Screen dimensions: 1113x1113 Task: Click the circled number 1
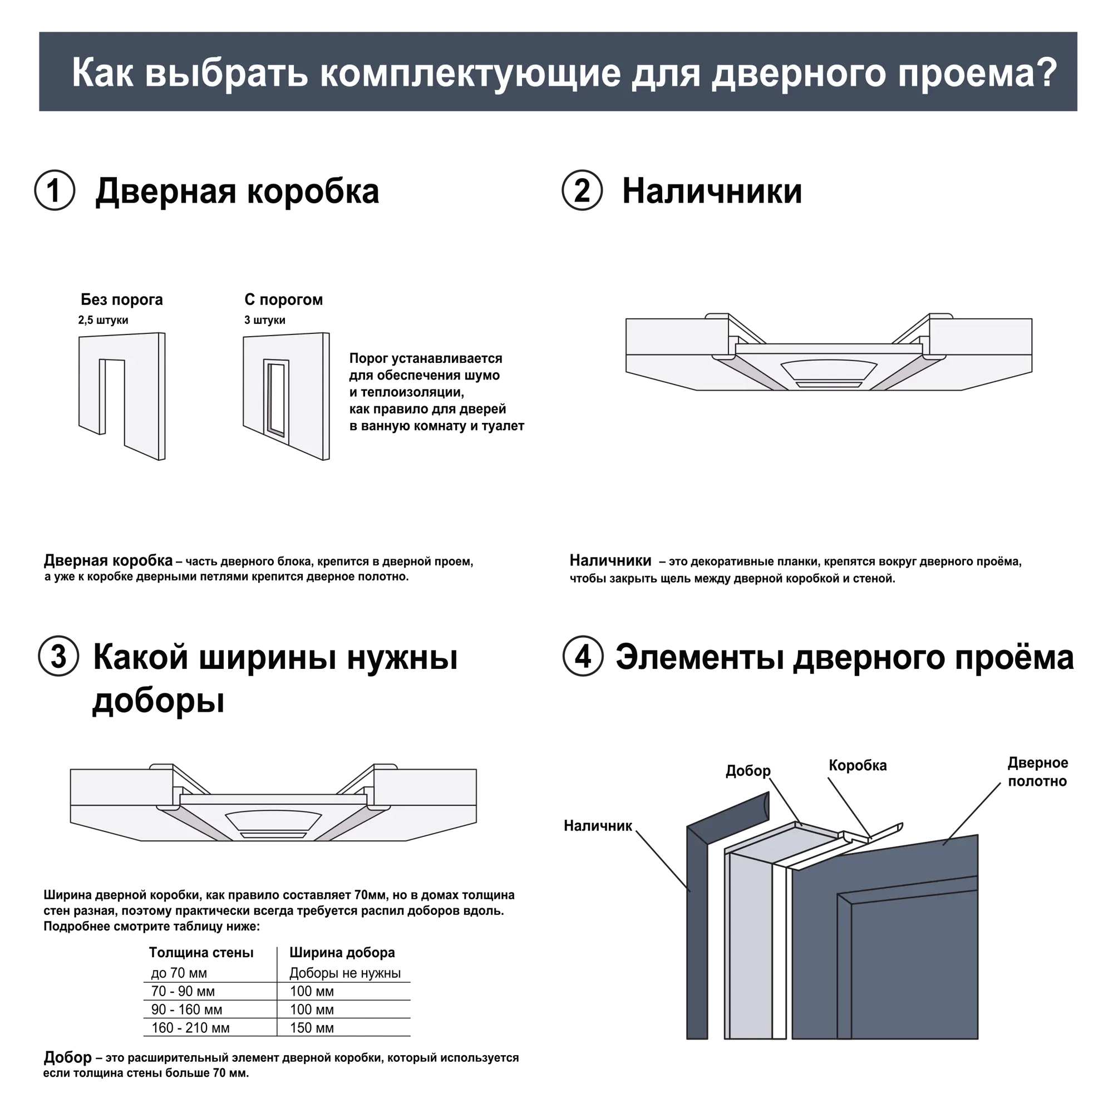point(55,190)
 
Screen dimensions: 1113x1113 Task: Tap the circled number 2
point(583,190)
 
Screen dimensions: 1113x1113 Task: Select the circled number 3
point(59,656)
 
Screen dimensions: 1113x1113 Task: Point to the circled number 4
point(583,656)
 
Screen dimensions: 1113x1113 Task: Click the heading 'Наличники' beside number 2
point(712,191)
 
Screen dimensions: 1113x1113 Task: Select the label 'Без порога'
point(121,299)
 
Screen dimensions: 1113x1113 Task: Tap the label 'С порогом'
point(283,299)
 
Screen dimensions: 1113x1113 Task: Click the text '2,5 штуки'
point(103,321)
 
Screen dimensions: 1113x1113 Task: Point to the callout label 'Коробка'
point(858,766)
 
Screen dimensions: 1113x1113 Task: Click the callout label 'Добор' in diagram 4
point(748,771)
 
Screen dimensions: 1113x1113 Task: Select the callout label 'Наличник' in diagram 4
point(598,826)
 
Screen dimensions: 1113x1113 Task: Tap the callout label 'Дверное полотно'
point(1037,772)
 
